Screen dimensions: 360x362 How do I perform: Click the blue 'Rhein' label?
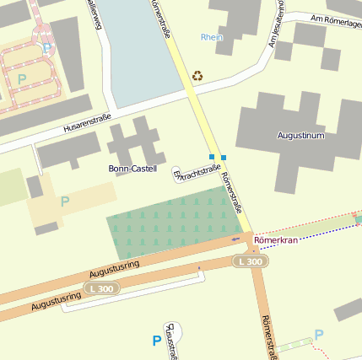213,37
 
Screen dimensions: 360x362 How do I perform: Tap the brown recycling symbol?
197,76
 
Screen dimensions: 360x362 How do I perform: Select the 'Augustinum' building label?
300,135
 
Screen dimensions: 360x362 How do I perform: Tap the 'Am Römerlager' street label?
335,21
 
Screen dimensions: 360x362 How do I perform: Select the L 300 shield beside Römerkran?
251,262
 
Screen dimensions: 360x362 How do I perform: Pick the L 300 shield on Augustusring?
101,289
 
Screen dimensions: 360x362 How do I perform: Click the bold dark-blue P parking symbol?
156,341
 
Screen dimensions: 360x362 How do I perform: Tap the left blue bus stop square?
212,156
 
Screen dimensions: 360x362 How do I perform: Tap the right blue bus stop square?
223,157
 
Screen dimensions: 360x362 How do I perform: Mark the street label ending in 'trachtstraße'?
197,173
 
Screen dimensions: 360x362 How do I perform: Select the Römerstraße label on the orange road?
267,337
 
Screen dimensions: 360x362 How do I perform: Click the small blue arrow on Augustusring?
235,239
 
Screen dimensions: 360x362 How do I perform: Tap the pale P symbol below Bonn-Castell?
65,201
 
